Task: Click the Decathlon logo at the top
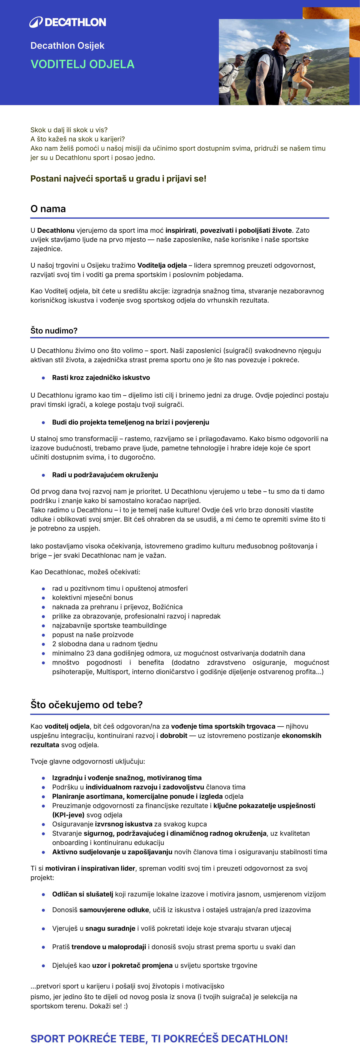point(68,22)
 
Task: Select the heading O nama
point(48,209)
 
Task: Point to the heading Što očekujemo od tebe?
point(86,705)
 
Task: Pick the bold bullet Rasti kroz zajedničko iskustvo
point(101,378)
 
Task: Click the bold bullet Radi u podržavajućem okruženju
point(105,475)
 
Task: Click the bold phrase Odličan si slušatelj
point(83,894)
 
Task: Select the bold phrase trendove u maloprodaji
point(109,947)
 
